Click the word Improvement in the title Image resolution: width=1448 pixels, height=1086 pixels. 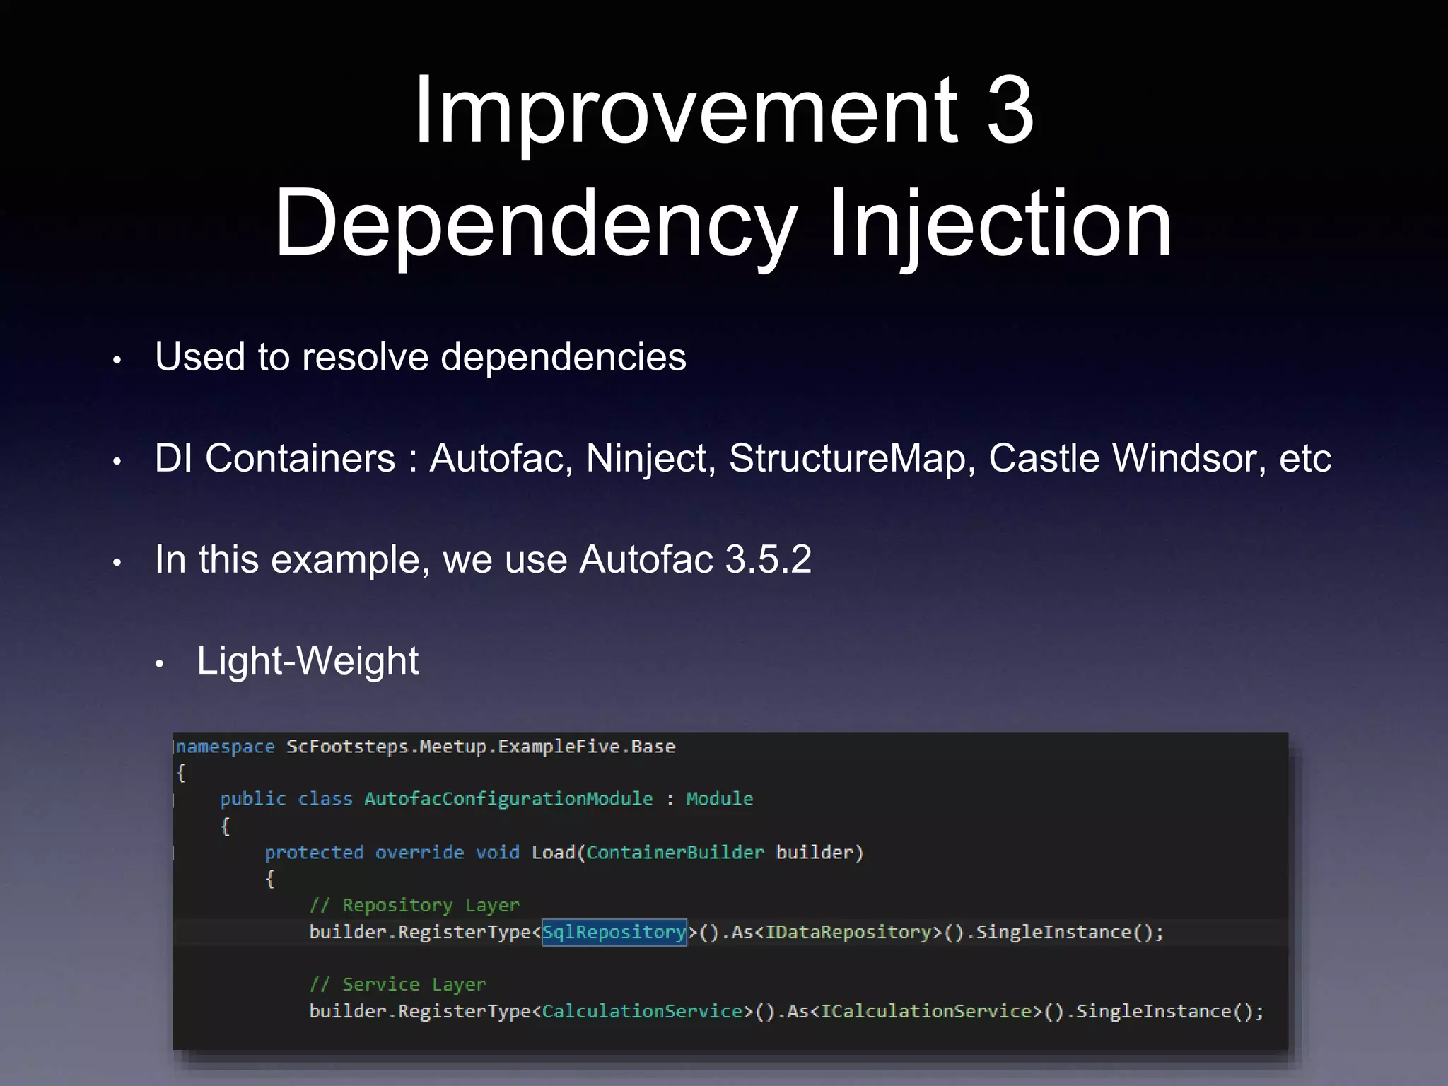click(x=684, y=112)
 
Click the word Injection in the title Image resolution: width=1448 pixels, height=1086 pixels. click(x=1000, y=225)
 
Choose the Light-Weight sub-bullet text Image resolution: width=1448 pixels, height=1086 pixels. click(x=308, y=661)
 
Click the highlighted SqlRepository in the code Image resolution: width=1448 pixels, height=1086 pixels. click(x=614, y=932)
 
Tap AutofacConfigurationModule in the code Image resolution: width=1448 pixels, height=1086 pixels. click(x=508, y=799)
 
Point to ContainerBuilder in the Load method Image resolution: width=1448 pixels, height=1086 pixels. click(x=675, y=853)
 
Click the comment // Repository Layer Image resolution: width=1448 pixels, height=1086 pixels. click(x=414, y=906)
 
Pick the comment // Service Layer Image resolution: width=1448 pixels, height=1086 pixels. click(x=397, y=985)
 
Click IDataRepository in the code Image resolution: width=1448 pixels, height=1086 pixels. click(x=848, y=932)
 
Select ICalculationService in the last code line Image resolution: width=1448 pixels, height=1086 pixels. click(x=926, y=1011)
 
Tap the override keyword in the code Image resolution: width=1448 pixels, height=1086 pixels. click(x=419, y=853)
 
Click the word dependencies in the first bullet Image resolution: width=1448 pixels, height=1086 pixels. click(x=564, y=357)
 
